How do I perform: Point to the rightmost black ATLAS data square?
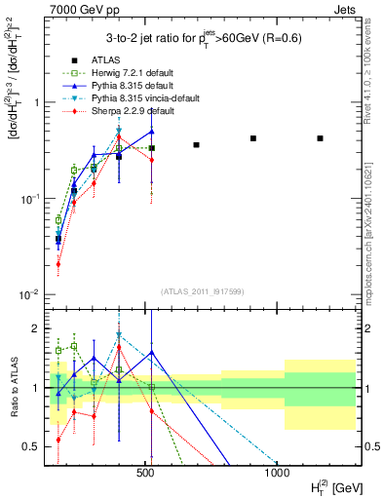pos(320,138)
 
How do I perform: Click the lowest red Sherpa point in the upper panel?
pos(58,263)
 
